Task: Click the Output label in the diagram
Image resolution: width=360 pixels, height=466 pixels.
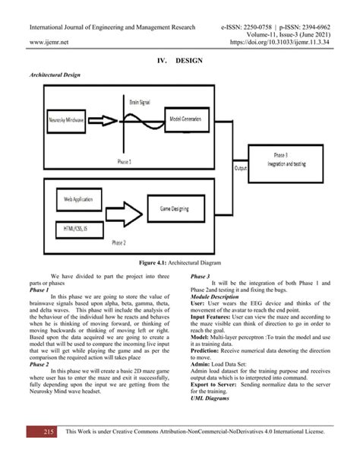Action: click(241, 167)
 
